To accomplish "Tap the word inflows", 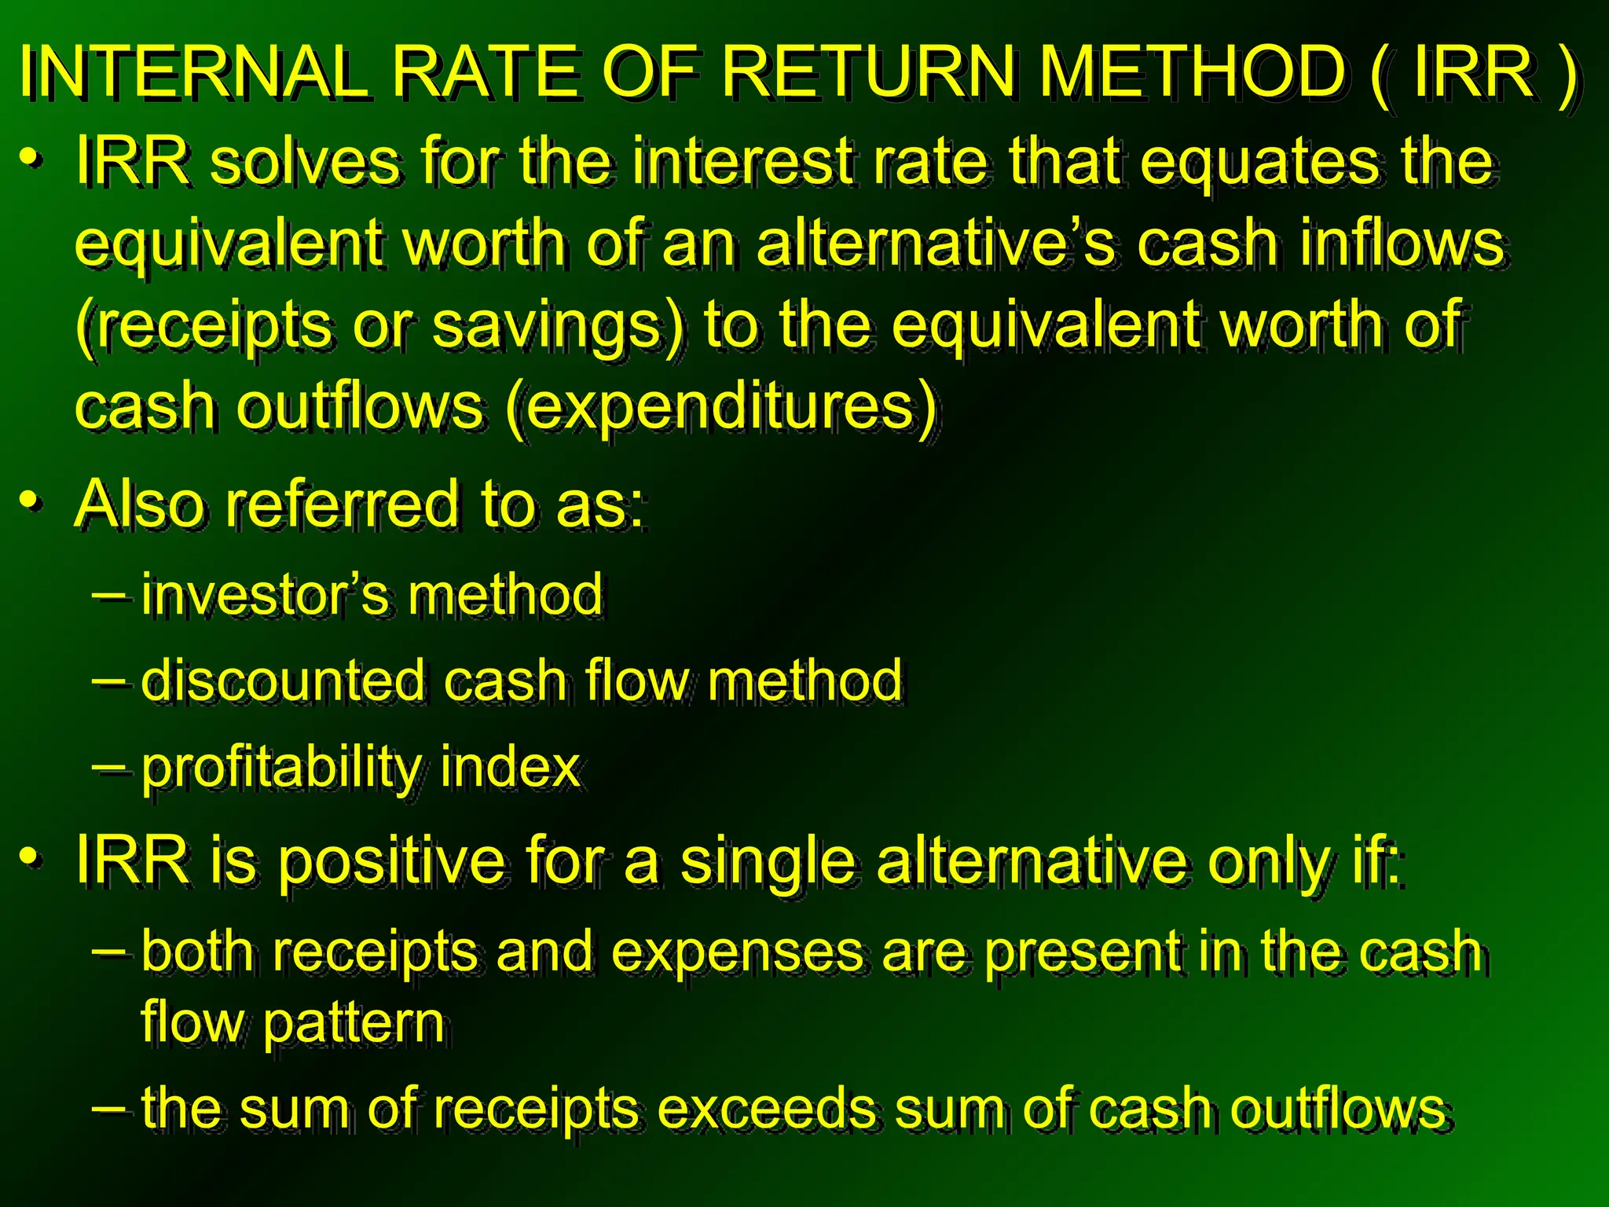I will tap(1402, 244).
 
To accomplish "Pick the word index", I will tap(510, 767).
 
